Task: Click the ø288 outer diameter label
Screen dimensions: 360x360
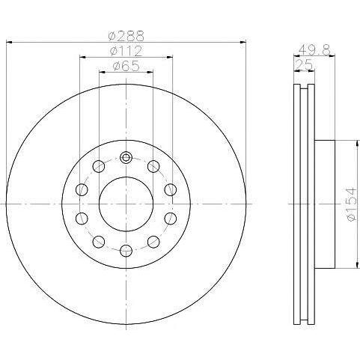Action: click(x=125, y=34)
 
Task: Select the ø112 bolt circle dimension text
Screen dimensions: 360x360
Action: click(x=126, y=51)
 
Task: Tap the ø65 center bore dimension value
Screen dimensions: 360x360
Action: click(x=125, y=67)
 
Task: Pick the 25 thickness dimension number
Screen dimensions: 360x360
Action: click(x=303, y=67)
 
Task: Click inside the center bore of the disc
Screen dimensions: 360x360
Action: click(x=126, y=203)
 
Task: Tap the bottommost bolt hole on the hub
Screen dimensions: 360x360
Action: click(x=126, y=249)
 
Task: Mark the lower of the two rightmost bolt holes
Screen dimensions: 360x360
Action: click(x=170, y=217)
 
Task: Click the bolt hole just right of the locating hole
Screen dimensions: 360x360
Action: click(x=153, y=165)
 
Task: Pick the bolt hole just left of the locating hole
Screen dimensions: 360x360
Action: click(x=99, y=165)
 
